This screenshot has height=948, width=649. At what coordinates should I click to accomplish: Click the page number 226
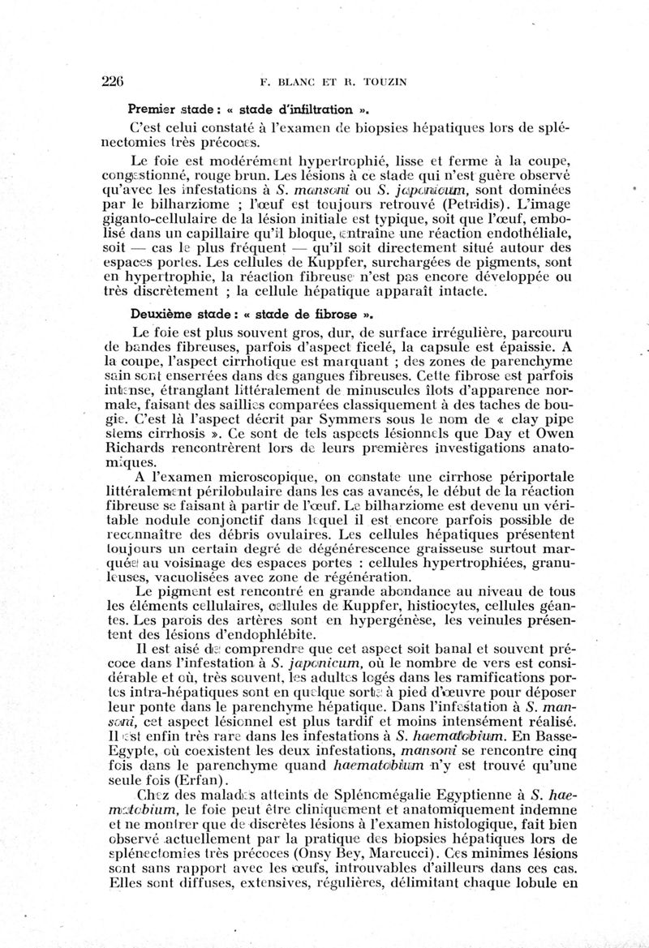tap(113, 80)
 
